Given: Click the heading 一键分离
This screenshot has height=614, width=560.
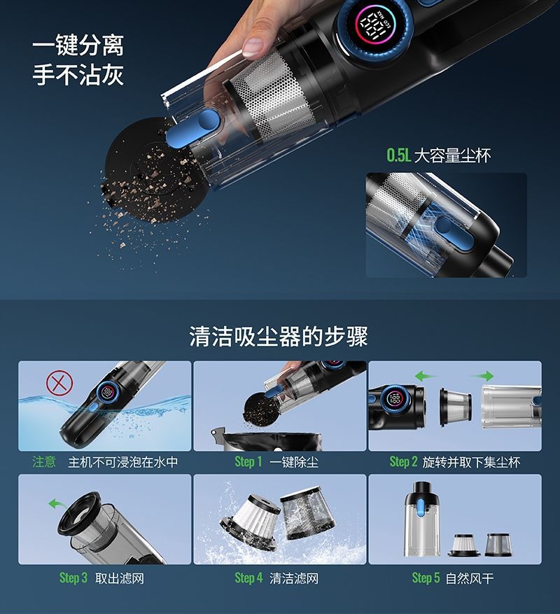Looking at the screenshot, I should [x=78, y=46].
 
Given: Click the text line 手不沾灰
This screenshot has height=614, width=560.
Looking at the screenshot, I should [x=78, y=75].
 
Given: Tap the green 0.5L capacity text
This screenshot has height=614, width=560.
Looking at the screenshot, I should [x=399, y=155].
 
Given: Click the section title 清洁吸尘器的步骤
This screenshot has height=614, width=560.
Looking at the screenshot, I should [x=279, y=337].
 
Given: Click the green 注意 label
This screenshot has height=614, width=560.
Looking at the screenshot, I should [x=44, y=462].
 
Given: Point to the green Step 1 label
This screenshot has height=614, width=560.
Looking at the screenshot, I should [x=248, y=462].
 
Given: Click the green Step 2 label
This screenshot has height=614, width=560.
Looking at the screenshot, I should [x=403, y=462].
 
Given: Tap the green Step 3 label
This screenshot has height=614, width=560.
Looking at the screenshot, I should [x=73, y=578].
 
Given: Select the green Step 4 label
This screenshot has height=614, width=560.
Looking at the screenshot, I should [x=248, y=578].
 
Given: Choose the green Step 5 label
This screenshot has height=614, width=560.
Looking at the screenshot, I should [x=426, y=578].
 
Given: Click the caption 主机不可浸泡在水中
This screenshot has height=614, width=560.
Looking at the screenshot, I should [x=122, y=462].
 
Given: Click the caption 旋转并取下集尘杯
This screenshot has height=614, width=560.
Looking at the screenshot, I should [x=471, y=462].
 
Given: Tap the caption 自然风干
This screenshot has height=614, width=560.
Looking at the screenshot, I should [x=470, y=578].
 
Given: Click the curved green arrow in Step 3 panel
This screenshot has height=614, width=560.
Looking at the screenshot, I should [x=54, y=503].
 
